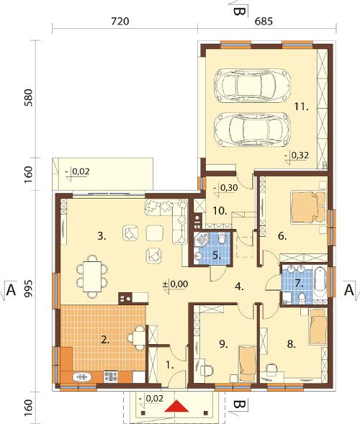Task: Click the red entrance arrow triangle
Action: click(x=176, y=406)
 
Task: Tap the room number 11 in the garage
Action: click(x=301, y=107)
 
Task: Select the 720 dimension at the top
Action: click(x=120, y=21)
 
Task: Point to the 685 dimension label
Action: click(x=264, y=21)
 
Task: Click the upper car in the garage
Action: click(x=252, y=86)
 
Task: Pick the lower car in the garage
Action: click(x=252, y=130)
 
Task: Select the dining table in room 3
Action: click(x=92, y=276)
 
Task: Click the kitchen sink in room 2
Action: click(x=82, y=377)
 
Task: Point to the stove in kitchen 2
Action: click(x=111, y=376)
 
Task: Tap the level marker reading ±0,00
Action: click(x=175, y=285)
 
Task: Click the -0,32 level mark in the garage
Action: click(x=297, y=156)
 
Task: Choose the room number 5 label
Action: click(x=217, y=256)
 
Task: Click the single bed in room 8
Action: click(x=318, y=326)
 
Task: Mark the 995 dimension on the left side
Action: click(x=28, y=289)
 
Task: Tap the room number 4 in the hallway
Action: click(x=239, y=287)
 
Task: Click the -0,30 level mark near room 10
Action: click(x=225, y=188)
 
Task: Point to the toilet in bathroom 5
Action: click(x=222, y=238)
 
